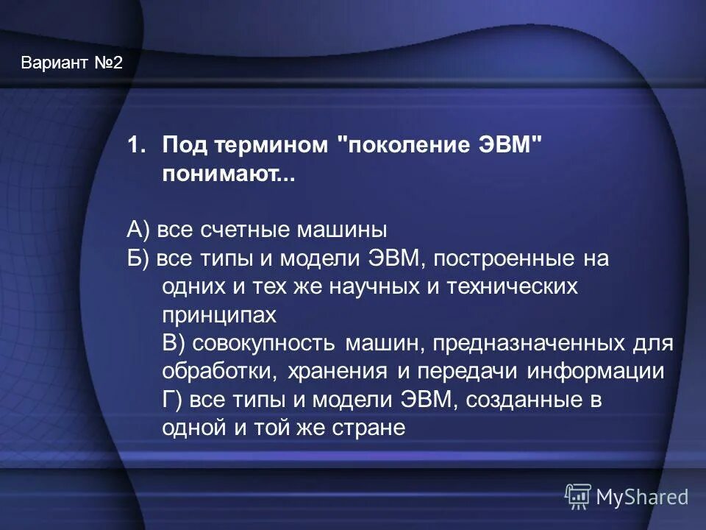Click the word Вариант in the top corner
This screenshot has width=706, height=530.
pyautogui.click(x=54, y=63)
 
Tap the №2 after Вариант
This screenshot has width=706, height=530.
pyautogui.click(x=107, y=63)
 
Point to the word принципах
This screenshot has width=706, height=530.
pyautogui.click(x=219, y=315)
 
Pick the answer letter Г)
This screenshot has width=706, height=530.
pyautogui.click(x=173, y=400)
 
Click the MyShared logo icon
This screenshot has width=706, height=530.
pyautogui.click(x=578, y=497)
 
